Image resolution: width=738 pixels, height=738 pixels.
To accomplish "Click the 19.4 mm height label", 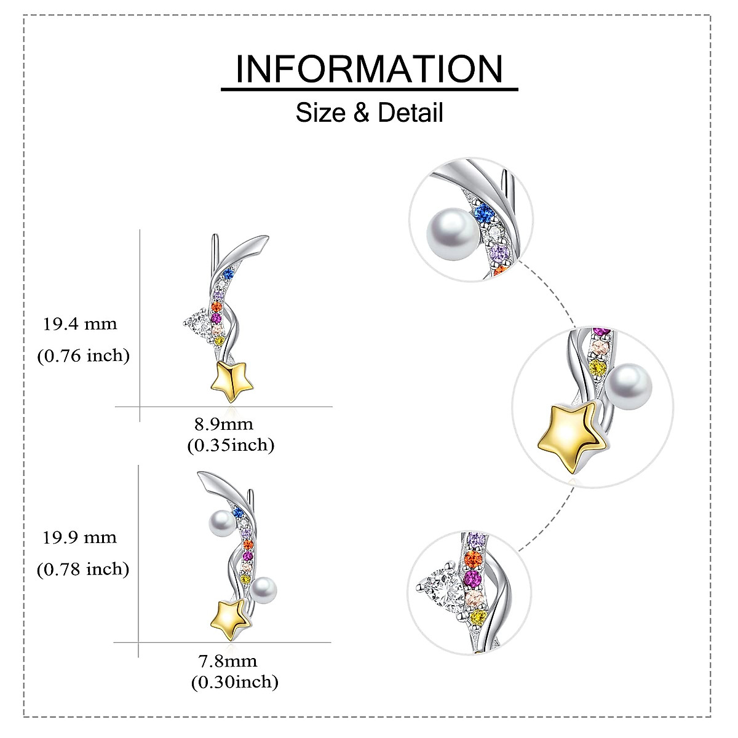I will coord(80,323).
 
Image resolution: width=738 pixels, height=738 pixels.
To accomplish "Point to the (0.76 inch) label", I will coord(84,355).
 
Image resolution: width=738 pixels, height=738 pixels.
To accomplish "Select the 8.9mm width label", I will coord(223,424).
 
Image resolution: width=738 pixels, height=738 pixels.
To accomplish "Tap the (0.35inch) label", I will coord(231,445).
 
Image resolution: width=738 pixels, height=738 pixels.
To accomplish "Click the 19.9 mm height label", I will coord(80,538).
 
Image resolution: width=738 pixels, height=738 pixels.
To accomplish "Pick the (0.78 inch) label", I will coord(84,569).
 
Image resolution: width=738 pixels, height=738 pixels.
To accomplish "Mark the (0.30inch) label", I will coord(234,682).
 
